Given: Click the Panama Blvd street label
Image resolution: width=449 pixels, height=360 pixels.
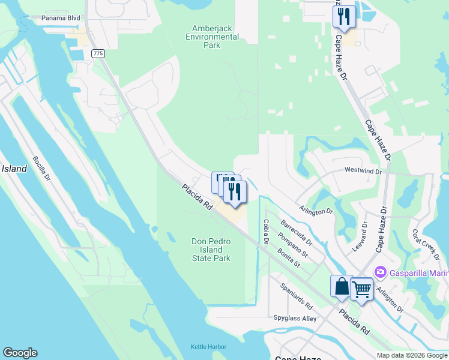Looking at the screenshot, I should pyautogui.click(x=61, y=18).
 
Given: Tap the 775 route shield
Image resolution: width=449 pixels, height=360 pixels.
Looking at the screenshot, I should pyautogui.click(x=98, y=54).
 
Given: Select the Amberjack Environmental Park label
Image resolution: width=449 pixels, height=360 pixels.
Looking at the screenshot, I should pyautogui.click(x=215, y=37).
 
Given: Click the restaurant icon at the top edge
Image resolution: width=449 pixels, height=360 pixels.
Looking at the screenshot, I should pyautogui.click(x=344, y=16).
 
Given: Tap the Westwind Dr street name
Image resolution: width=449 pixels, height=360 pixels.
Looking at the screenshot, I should pyautogui.click(x=363, y=171).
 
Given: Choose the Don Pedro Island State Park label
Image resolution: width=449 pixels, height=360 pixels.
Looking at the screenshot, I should pyautogui.click(x=211, y=250).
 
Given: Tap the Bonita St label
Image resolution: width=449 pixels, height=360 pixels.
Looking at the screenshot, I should pyautogui.click(x=288, y=259).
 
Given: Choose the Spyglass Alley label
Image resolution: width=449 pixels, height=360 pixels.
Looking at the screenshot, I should pyautogui.click(x=295, y=319).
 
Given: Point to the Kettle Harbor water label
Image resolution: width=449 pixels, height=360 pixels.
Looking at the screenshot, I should pyautogui.click(x=209, y=347).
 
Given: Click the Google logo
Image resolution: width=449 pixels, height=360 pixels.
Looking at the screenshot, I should pyautogui.click(x=20, y=353).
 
